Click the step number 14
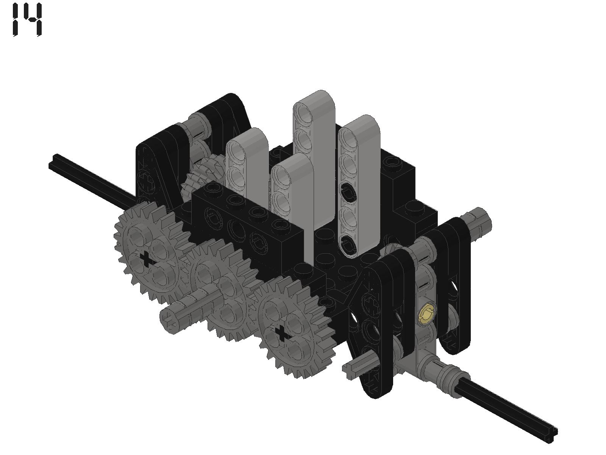[27, 19]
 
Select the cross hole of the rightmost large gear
[282, 333]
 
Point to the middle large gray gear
[221, 287]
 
